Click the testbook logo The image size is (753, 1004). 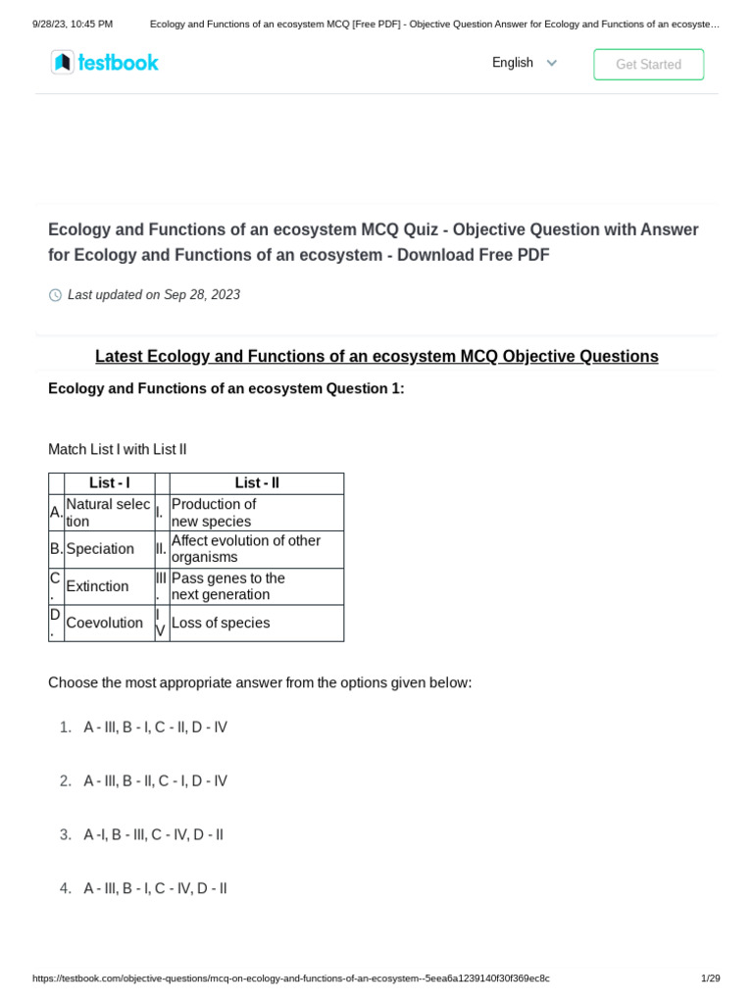(x=105, y=63)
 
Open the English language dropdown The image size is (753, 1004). (x=525, y=63)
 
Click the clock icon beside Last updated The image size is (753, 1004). (x=55, y=295)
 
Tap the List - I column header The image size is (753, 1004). (x=109, y=483)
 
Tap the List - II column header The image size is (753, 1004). (x=257, y=483)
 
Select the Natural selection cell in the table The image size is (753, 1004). (x=109, y=513)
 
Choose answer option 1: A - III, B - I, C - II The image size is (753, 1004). (x=155, y=728)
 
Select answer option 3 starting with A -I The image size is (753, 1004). (x=153, y=835)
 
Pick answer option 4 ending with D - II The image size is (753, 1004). (x=155, y=888)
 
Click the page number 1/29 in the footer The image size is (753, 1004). (x=710, y=979)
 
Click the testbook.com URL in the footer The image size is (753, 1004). (x=290, y=979)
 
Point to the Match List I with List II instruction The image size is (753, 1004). (x=117, y=449)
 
